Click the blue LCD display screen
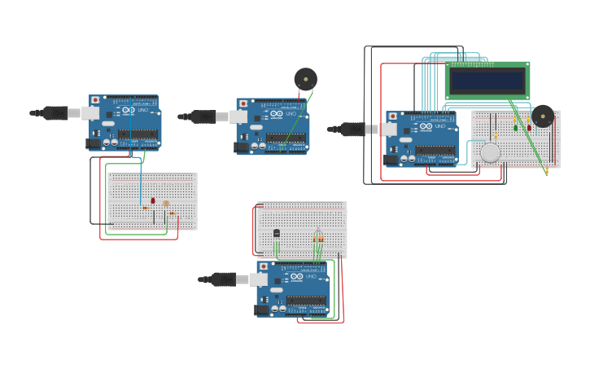click(487, 79)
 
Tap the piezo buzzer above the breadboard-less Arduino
click(305, 79)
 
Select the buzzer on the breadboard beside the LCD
click(543, 116)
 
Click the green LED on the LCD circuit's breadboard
click(516, 126)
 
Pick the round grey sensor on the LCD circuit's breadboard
click(490, 152)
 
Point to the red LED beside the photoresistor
click(153, 200)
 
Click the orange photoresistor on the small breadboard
click(166, 204)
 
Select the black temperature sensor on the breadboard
click(277, 233)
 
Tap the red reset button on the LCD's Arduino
click(393, 117)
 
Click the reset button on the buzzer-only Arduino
click(243, 103)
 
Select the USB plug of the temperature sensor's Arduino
click(225, 279)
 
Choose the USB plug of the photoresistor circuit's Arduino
click(56, 113)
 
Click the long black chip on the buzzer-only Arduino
click(286, 138)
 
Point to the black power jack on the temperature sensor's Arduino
click(262, 310)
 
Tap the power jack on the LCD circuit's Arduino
click(391, 160)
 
